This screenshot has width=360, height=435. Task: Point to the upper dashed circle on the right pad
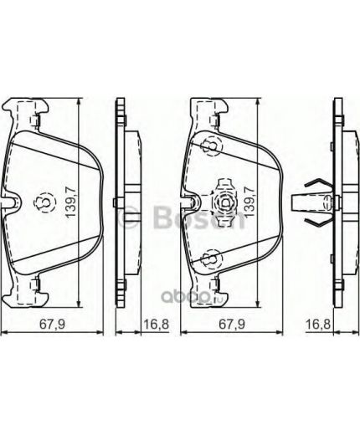pyautogui.click(x=211, y=147)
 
